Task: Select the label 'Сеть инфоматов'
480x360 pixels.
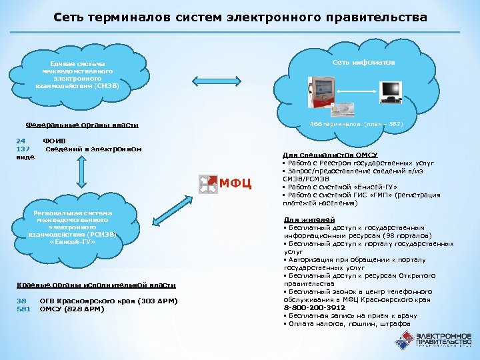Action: (x=364, y=61)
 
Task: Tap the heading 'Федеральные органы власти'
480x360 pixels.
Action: (x=81, y=125)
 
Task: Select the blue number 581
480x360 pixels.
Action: (x=23, y=309)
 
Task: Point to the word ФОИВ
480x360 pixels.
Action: (x=53, y=141)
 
